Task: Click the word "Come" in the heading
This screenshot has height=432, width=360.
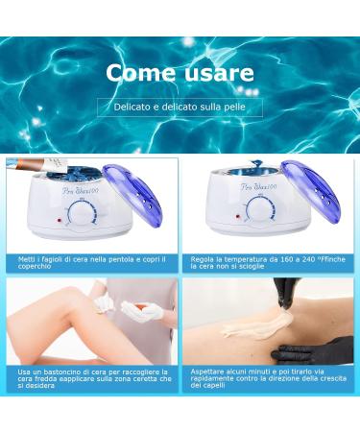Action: tap(141, 73)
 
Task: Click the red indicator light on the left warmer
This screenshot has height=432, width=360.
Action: tap(60, 221)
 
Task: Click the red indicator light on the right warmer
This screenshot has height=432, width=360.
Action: tap(238, 217)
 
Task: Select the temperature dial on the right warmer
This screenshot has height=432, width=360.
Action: tap(259, 210)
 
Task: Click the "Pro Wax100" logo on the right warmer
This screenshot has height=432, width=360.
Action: tap(259, 187)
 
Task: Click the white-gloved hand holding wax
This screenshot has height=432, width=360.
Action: tap(141, 309)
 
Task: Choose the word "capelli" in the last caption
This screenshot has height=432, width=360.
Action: tap(213, 386)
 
